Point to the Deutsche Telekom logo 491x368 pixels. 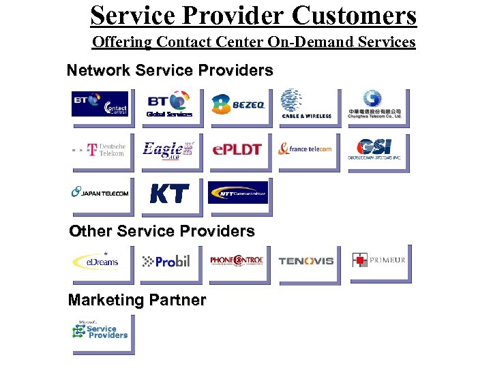point(100,149)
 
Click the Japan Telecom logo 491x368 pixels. point(100,193)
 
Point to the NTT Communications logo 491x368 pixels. point(238,193)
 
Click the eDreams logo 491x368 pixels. point(100,261)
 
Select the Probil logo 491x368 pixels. point(168,261)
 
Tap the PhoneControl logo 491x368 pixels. point(237,261)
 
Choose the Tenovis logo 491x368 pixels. point(306,261)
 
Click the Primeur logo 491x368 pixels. point(379,260)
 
